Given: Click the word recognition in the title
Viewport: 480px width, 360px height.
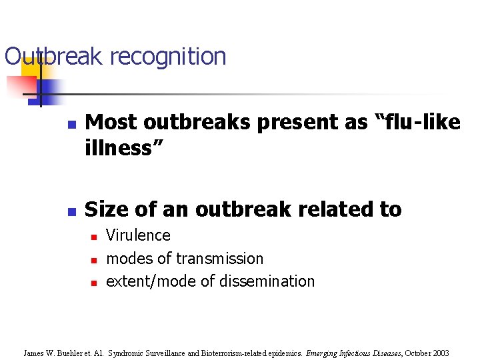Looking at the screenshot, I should coord(168,57).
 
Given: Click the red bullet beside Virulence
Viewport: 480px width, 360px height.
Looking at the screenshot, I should coord(94,237).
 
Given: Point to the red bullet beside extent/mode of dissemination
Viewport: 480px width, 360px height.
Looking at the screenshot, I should coord(94,283).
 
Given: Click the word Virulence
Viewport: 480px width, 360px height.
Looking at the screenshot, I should coord(138,235).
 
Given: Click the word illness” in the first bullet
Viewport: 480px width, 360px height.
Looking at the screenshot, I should coord(119,148).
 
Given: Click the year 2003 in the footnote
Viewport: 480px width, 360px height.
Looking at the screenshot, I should coord(439,353).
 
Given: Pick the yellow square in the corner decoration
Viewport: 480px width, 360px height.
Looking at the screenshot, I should coord(31,67).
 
